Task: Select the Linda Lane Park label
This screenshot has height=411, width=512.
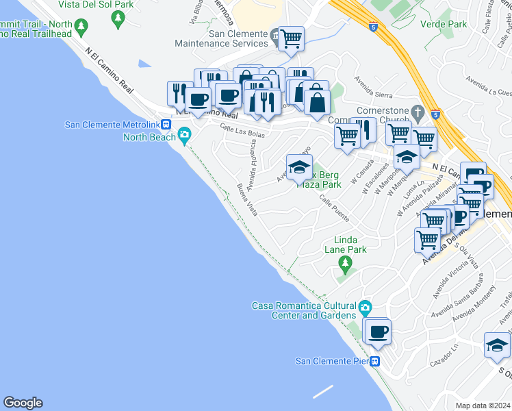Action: coord(350,245)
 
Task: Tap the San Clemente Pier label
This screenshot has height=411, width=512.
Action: coord(331,361)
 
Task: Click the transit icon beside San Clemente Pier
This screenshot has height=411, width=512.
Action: coord(375,361)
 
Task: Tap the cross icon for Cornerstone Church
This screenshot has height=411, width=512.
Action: coord(417,112)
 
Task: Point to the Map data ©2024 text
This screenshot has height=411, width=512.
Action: coord(483,406)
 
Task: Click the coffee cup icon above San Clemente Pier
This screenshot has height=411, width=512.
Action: coord(378,332)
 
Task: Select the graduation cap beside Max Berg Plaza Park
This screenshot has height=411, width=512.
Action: coord(299,166)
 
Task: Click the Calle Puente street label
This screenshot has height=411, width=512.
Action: coord(335,210)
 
